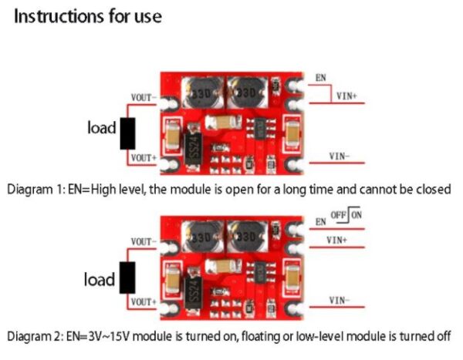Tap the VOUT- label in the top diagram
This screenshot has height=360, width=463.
(x=144, y=98)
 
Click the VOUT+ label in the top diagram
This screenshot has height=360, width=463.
(x=144, y=158)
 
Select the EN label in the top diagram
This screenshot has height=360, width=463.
(x=320, y=79)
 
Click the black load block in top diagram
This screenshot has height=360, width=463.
(x=128, y=133)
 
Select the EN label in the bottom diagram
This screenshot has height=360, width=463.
(x=320, y=222)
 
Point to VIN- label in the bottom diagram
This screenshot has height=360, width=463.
(x=340, y=300)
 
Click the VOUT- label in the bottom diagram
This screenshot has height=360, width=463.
(x=144, y=241)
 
